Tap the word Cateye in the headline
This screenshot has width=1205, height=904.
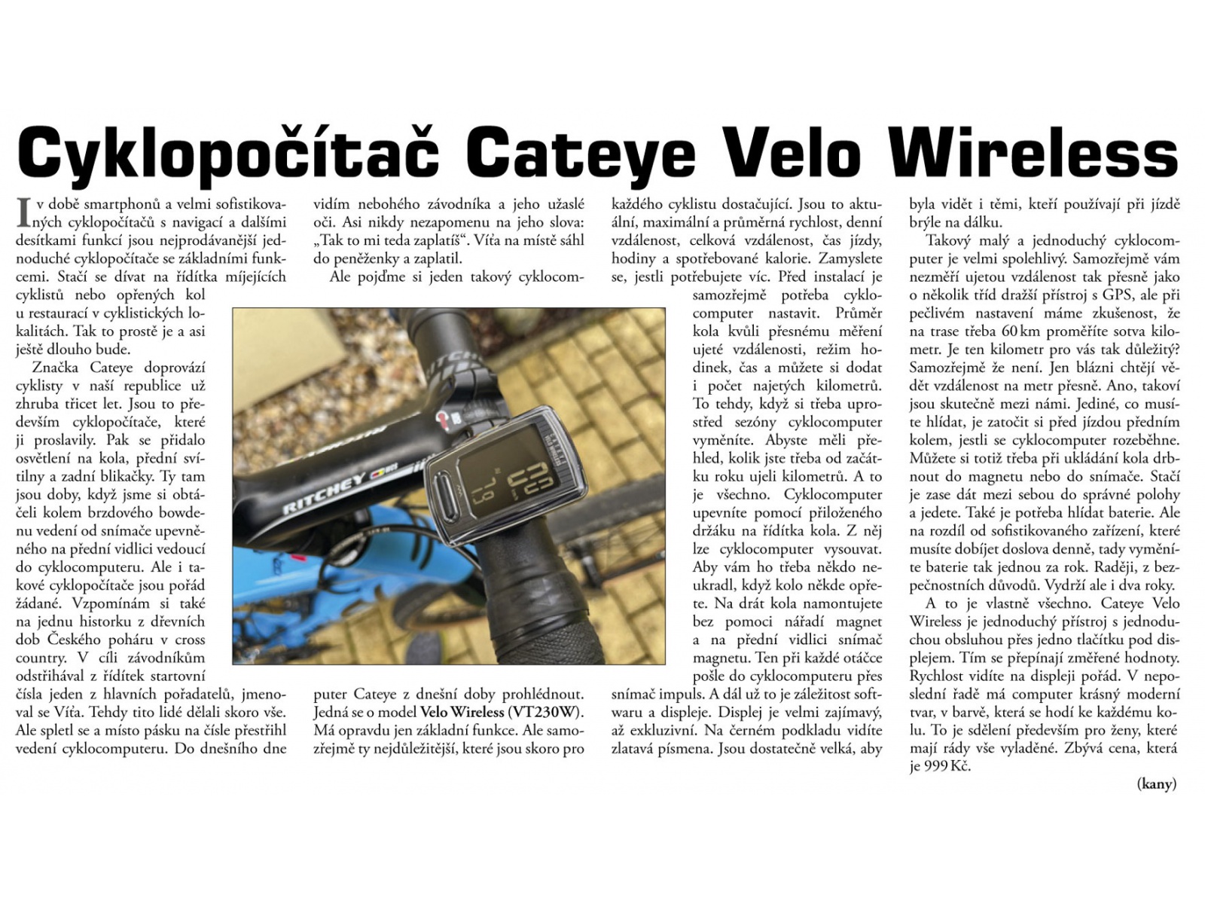coord(580,153)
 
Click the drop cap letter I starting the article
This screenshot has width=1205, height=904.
coord(23,212)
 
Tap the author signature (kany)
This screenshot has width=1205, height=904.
coord(1156,784)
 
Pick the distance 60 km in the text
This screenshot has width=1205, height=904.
coord(1017,331)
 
